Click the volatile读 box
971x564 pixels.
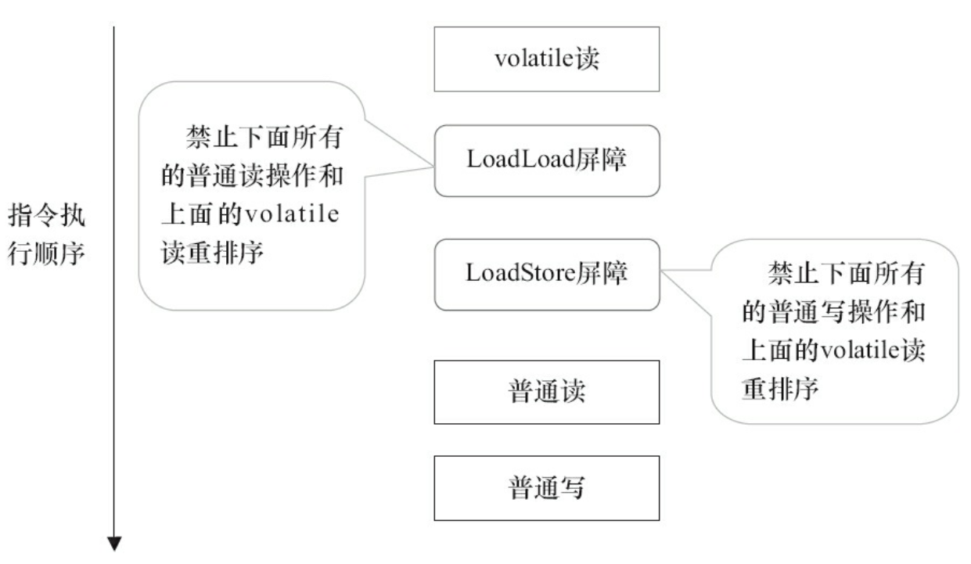click(546, 59)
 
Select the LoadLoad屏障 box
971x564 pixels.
click(546, 160)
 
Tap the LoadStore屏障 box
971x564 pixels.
click(546, 274)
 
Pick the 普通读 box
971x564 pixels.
click(546, 392)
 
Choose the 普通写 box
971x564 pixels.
click(546, 488)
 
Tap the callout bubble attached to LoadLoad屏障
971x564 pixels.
click(250, 196)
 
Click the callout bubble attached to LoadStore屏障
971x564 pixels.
click(833, 332)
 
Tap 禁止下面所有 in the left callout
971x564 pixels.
click(265, 138)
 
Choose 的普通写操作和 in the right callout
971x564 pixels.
click(833, 313)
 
